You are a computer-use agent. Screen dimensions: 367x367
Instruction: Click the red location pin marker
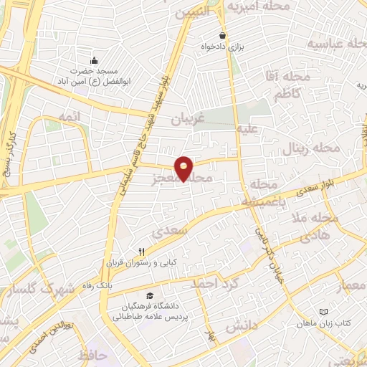point(184,168)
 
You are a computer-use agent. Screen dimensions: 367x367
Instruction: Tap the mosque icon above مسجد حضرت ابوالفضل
point(94,59)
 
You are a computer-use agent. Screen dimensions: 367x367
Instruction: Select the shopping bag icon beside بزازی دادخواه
point(223,35)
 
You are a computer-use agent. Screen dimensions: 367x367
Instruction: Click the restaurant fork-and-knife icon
point(141,252)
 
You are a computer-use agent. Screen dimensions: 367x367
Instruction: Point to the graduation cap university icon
point(149,296)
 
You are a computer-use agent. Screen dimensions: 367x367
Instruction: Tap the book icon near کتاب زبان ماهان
point(323,312)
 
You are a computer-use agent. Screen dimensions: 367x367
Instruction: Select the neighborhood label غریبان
point(187,120)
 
